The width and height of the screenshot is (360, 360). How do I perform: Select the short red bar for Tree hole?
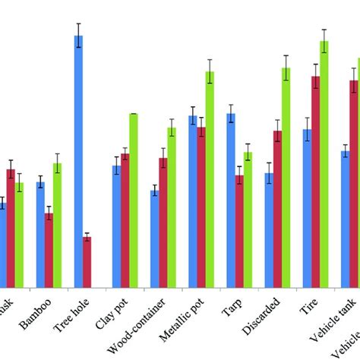87,262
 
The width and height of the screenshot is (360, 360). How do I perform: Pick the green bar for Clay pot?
133,200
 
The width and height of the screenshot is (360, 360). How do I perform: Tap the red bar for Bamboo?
49,250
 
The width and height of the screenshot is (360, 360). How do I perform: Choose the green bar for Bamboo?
57,225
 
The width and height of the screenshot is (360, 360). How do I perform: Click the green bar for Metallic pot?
209,179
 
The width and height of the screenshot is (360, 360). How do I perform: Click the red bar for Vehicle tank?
353,183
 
